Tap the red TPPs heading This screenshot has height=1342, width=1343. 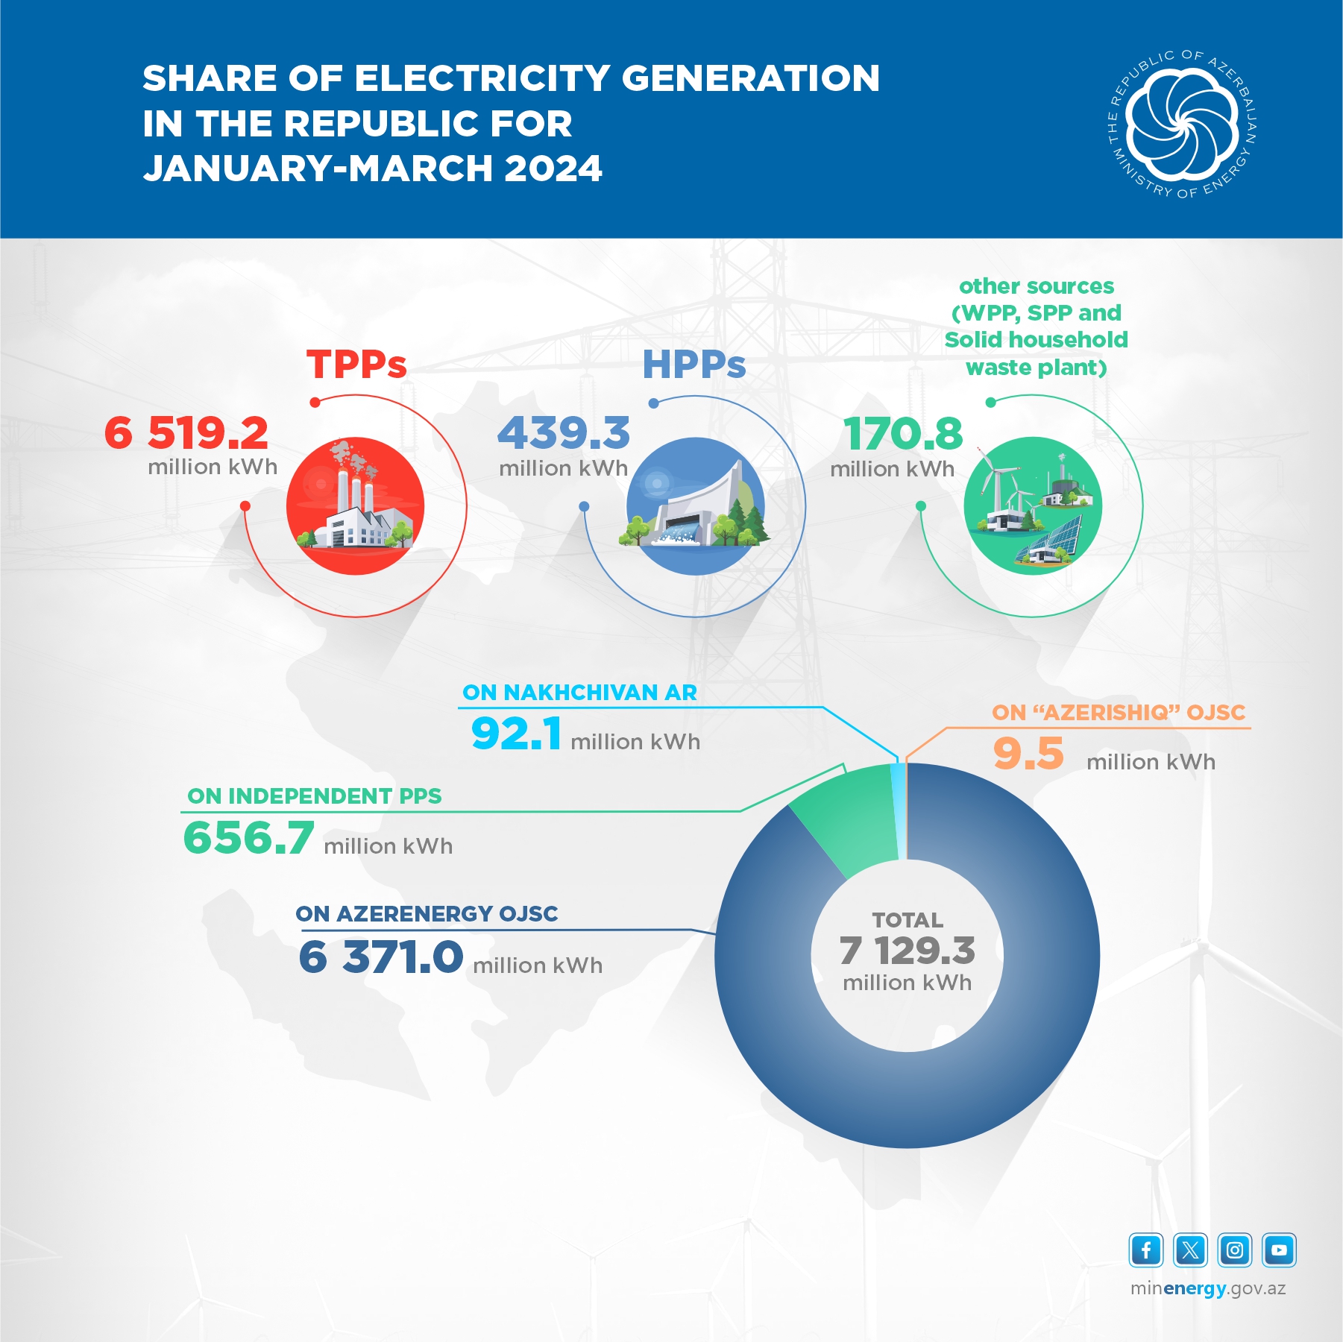(356, 365)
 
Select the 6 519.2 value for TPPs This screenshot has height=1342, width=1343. (186, 433)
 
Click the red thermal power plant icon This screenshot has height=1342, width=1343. (355, 506)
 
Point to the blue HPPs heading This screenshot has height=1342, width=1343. (694, 365)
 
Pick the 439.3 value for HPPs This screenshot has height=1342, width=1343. (564, 434)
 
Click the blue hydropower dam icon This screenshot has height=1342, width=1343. (695, 506)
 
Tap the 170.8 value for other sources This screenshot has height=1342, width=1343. (903, 435)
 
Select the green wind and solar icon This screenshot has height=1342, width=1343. (1033, 506)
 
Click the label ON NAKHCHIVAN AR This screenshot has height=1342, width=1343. (579, 693)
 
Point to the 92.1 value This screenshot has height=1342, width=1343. (516, 734)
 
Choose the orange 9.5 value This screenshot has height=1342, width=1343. (1028, 754)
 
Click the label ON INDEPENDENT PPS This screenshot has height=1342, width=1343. (314, 796)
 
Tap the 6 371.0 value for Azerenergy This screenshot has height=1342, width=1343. (380, 957)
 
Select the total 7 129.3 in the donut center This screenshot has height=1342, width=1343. (907, 951)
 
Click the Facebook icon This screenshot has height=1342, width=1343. (1146, 1250)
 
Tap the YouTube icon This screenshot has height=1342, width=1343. (1279, 1250)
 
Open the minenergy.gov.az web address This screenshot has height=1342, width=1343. (1208, 1289)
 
